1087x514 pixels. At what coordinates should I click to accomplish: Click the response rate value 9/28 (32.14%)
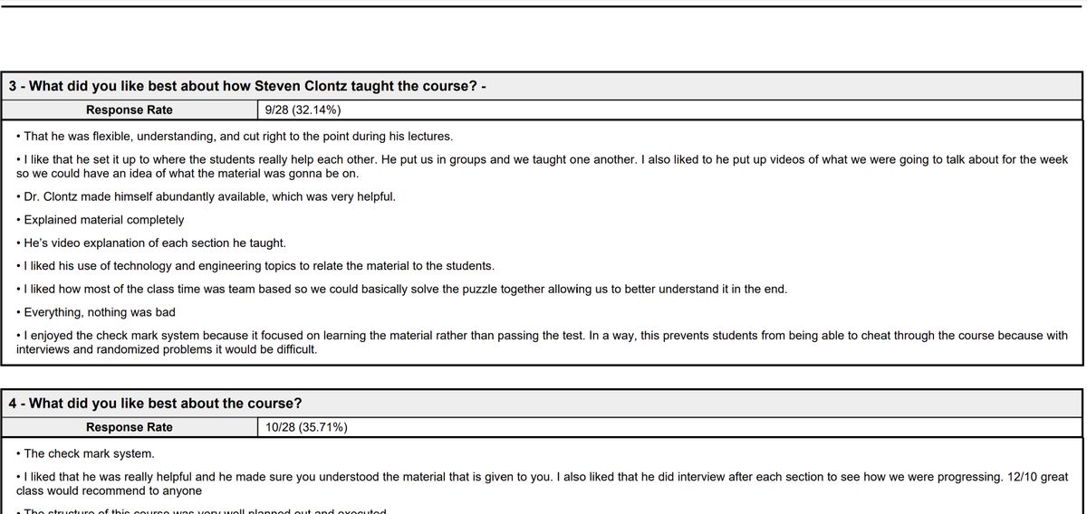303,110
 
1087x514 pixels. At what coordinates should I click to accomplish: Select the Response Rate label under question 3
129,110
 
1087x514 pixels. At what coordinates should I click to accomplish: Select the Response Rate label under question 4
129,427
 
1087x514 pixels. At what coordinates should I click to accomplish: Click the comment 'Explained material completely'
103,220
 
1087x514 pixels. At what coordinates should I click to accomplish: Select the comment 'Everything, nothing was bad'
99,312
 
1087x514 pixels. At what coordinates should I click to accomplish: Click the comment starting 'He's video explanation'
154,243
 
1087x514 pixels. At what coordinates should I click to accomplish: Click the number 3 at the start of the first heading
13,87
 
